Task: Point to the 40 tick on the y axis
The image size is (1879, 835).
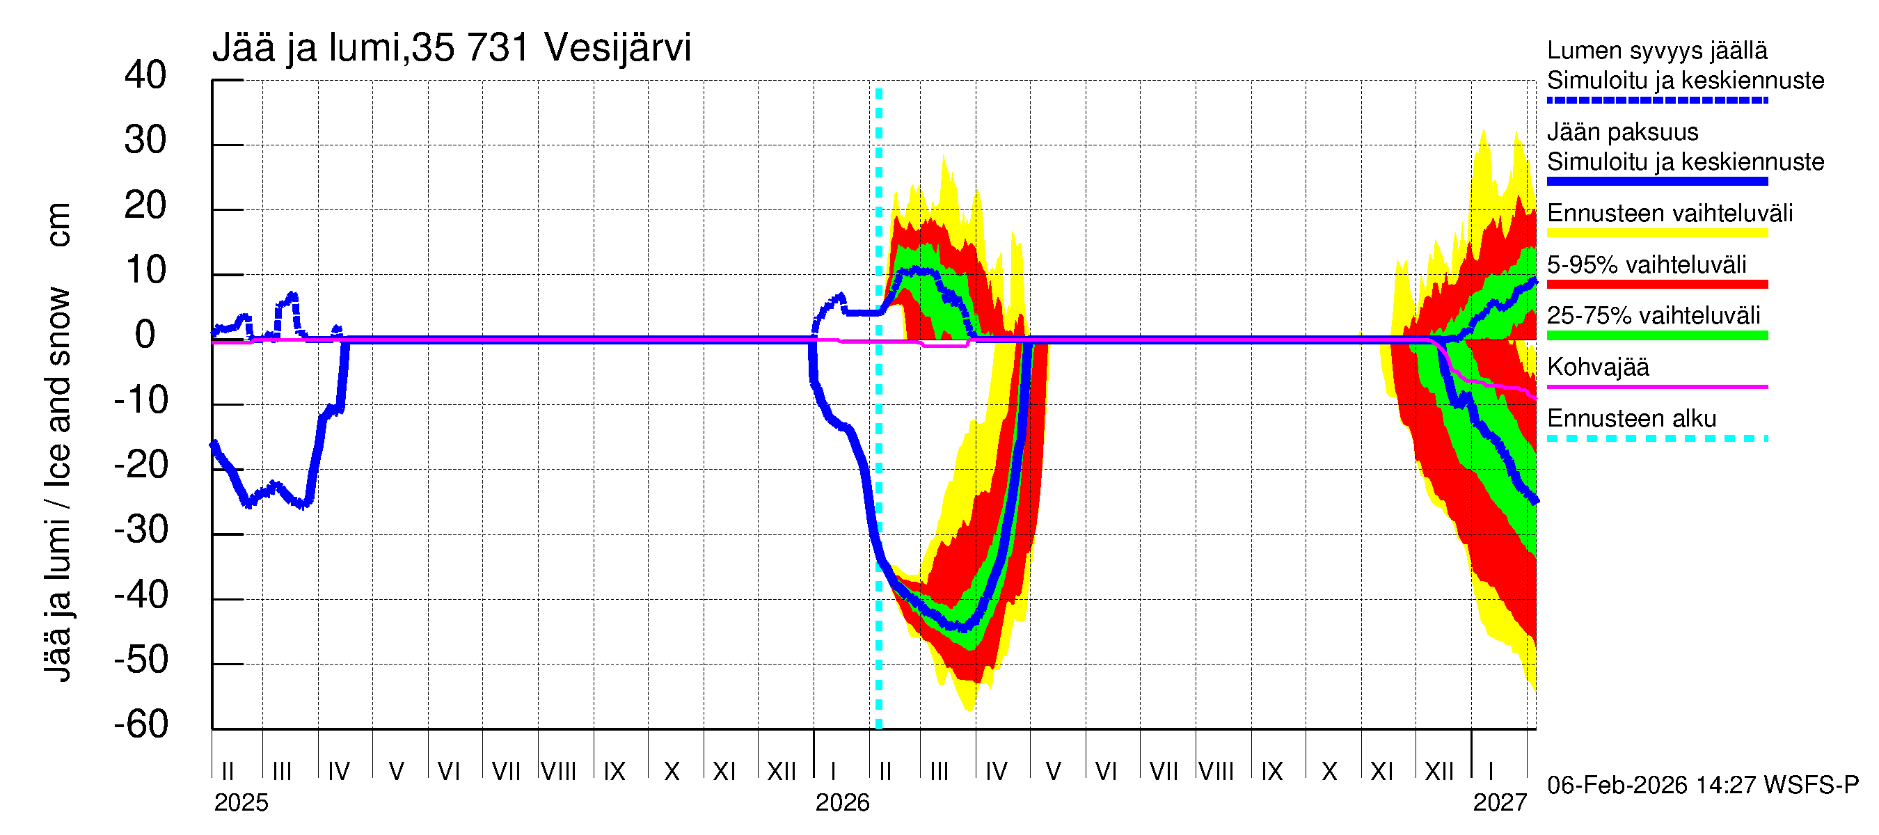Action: (145, 76)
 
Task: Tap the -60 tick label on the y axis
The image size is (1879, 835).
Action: (141, 725)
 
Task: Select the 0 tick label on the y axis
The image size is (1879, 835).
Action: (145, 335)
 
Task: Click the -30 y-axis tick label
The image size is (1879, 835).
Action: (141, 530)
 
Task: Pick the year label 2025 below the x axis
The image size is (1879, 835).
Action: (241, 803)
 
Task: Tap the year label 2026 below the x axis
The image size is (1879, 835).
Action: (842, 803)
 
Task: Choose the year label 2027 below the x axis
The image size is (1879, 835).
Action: (1500, 803)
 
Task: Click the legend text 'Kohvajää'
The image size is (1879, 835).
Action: (1597, 367)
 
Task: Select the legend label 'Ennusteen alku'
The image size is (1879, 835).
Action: (1632, 420)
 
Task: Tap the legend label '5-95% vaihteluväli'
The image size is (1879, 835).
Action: (1647, 264)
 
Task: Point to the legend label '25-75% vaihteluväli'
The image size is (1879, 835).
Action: (1654, 316)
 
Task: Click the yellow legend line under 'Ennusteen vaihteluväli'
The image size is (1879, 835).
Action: (1656, 233)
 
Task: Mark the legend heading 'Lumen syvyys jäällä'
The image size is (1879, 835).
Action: (1657, 51)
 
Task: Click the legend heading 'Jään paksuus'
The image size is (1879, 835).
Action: (1622, 133)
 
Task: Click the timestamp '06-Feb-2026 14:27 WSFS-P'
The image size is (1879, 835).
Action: (1702, 786)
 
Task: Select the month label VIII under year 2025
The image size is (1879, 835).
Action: (559, 772)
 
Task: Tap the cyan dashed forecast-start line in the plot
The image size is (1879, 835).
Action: (878, 438)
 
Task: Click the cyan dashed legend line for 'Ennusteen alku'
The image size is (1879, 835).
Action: (1656, 439)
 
